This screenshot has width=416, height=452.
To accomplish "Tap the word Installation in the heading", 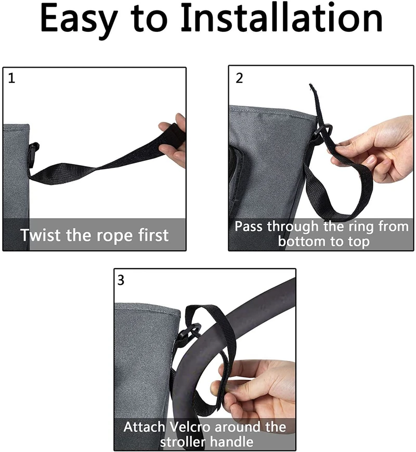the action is pyautogui.click(x=281, y=17).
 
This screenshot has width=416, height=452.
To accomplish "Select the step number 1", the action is pyautogui.click(x=11, y=79).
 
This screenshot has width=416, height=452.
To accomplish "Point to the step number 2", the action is pyautogui.click(x=239, y=78).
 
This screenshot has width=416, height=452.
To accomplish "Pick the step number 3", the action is pyautogui.click(x=121, y=280).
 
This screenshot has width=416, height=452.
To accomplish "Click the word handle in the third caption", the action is pyautogui.click(x=231, y=442).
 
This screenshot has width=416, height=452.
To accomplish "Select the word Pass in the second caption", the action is pyautogui.click(x=248, y=227).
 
